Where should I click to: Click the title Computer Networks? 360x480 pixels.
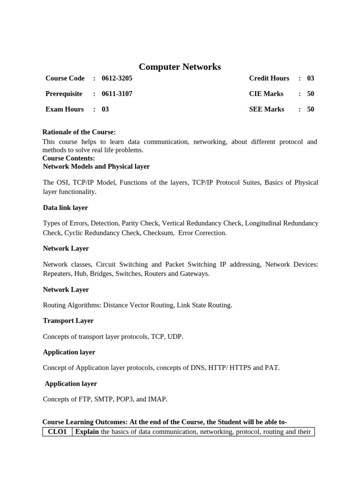180,67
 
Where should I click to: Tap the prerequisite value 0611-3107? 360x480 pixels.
117,94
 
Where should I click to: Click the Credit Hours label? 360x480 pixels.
269,78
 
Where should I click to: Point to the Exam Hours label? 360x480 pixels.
65,109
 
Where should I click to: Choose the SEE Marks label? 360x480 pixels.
267,109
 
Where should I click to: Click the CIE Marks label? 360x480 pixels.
266,94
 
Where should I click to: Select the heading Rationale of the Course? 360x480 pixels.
79,132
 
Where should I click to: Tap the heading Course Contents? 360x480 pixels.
68,158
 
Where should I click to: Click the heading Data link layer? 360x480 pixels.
65,208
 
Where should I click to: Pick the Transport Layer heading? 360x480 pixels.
68,321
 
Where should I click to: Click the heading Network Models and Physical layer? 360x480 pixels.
96,166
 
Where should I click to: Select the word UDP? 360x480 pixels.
174,337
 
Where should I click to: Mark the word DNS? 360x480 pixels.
198,368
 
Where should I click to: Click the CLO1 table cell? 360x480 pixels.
58,432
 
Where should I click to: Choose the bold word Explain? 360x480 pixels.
87,432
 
